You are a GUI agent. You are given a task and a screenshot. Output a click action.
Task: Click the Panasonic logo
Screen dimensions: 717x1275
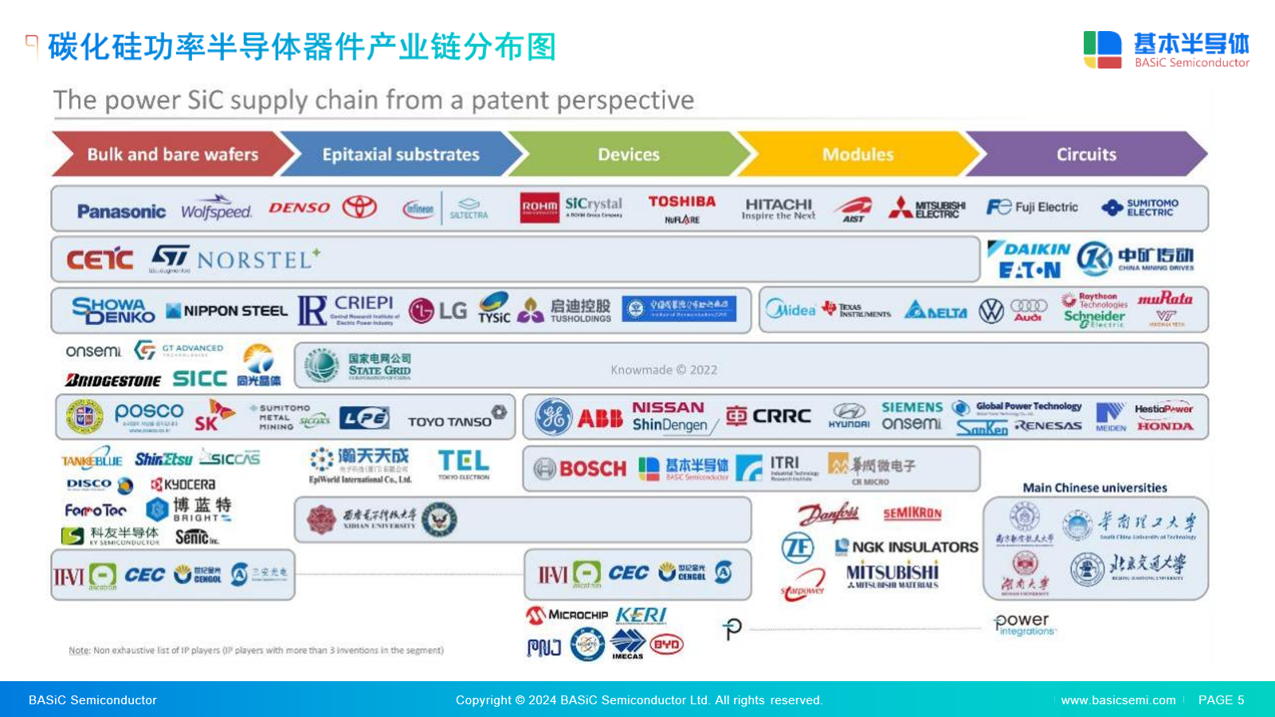121,211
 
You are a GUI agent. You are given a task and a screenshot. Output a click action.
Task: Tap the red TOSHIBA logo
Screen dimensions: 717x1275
681,202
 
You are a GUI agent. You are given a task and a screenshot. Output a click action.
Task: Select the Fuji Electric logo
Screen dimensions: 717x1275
1032,207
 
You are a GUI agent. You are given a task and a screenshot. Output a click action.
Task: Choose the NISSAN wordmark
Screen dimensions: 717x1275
668,407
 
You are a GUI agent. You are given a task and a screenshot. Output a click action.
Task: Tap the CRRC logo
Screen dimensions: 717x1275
769,416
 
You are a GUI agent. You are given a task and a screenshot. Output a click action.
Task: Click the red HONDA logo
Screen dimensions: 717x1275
1164,426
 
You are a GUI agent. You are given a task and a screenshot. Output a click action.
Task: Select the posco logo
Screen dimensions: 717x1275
148,413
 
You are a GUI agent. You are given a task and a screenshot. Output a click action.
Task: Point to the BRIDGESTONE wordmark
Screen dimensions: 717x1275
113,380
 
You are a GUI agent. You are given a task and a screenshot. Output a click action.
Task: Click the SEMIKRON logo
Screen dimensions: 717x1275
912,514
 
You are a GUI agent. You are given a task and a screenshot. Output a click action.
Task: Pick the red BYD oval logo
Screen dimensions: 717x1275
666,645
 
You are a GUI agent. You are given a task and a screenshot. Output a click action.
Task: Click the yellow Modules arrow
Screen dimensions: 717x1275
857,155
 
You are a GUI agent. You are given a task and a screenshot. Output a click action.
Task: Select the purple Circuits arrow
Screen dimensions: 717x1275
1085,155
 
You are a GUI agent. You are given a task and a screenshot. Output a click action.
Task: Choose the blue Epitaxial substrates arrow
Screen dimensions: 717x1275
400,155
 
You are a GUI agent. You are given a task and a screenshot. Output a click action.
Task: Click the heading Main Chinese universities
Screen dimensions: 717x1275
1095,488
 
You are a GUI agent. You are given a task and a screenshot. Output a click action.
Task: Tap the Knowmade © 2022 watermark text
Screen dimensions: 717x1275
664,370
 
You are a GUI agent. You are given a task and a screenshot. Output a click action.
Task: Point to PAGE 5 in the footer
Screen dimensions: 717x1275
1221,700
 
